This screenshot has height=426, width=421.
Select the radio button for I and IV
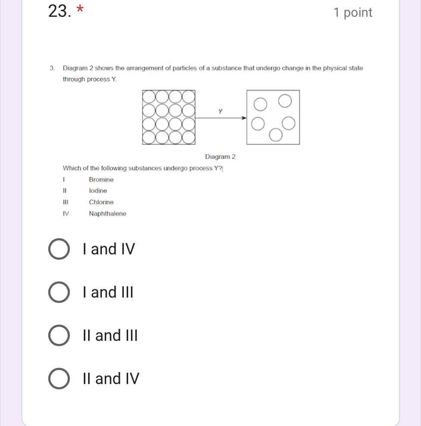(58, 249)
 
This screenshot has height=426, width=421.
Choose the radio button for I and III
(58, 293)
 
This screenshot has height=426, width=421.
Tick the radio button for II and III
(58, 335)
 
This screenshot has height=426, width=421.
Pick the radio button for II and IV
(58, 379)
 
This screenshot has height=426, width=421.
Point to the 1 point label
(352, 13)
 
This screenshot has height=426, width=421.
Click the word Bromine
(101, 180)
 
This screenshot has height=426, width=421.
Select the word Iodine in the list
(98, 191)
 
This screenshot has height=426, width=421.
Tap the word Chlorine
(101, 202)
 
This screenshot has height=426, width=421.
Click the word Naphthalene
(107, 214)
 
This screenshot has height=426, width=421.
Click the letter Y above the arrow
(220, 111)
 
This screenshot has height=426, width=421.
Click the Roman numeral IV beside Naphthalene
(66, 214)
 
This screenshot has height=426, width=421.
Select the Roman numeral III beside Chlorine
(65, 202)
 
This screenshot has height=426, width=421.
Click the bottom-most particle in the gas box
(276, 136)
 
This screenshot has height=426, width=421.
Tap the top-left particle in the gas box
(260, 104)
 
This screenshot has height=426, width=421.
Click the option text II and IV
(111, 379)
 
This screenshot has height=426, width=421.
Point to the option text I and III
(108, 293)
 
